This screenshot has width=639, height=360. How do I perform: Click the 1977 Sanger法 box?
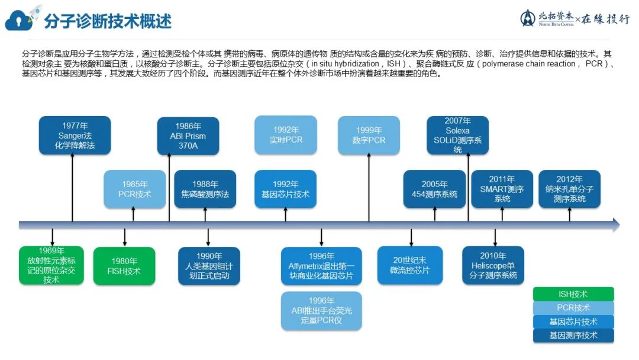tap(75, 136)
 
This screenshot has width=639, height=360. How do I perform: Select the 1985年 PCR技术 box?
tap(135, 189)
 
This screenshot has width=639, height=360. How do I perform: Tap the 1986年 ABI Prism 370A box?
tap(188, 136)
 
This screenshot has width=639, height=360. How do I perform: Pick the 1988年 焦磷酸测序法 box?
tap(205, 189)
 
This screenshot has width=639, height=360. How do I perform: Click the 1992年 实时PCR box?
tap(286, 135)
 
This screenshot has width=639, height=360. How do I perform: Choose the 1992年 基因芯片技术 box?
tap(285, 189)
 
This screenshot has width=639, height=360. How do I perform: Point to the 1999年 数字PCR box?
tap(369, 135)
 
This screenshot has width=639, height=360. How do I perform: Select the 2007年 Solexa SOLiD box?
tap(457, 136)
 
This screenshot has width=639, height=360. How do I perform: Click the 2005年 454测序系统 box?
tap(434, 189)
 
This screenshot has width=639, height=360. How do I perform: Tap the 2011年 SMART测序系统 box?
tap(502, 189)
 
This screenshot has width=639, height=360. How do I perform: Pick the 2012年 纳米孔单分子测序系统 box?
tap(569, 189)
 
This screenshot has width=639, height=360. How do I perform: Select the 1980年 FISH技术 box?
tap(125, 266)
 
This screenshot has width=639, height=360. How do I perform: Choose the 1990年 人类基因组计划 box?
tap(209, 266)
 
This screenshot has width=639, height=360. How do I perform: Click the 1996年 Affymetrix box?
tap(321, 266)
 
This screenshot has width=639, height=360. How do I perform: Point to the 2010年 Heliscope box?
tap(493, 265)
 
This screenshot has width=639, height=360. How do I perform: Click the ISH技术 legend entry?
tap(573, 294)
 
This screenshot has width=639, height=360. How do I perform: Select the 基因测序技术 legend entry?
tap(573, 336)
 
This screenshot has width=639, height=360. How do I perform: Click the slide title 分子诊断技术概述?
tap(108, 21)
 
